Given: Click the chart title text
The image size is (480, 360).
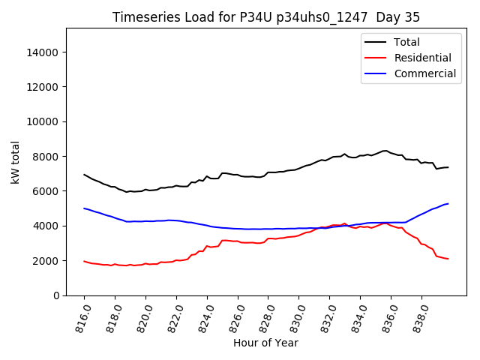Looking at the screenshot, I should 266,17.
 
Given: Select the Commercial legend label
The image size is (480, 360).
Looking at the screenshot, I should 425,73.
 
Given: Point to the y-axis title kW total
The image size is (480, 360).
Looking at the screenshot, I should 16,162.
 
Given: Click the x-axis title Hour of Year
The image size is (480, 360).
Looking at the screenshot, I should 265,343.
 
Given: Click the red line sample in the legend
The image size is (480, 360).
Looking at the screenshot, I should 376,58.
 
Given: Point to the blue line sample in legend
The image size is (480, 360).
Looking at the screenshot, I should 376,73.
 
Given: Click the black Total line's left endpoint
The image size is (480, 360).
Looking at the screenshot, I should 84,175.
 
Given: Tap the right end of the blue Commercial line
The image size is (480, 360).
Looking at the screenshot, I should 448,203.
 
